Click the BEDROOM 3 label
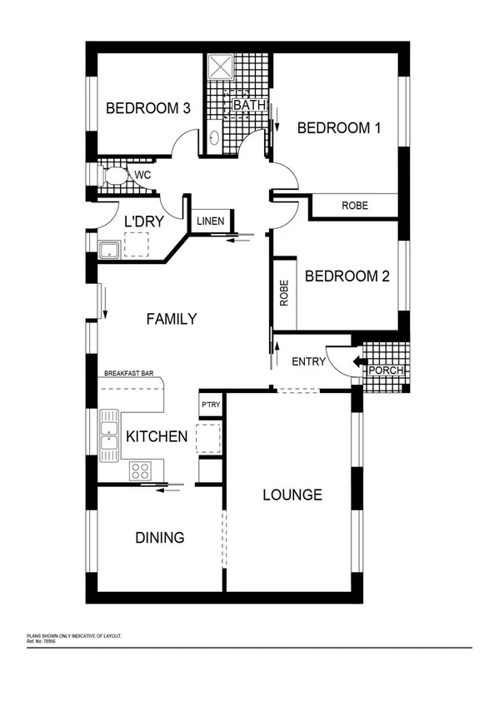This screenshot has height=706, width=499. (148, 107)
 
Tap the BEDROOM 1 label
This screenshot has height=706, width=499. (339, 127)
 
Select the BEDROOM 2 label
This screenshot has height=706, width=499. (347, 276)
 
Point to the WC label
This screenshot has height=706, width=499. (142, 176)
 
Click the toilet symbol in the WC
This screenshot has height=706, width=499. (114, 176)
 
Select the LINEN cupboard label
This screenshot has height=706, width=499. (209, 221)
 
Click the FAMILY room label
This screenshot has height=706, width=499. (171, 318)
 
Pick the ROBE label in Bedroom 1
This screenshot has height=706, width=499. (355, 206)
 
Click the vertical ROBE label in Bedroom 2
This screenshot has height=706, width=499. (284, 294)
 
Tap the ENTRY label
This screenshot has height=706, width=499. (307, 362)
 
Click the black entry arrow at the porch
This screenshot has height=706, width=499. (357, 362)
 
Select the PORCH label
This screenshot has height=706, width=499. (386, 370)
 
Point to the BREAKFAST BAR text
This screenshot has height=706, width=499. (132, 375)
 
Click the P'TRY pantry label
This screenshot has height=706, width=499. (210, 405)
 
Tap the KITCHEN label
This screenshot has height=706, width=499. (156, 436)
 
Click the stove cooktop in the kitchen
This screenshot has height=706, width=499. (141, 471)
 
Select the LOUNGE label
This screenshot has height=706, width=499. (292, 495)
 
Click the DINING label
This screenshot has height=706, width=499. (160, 537)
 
